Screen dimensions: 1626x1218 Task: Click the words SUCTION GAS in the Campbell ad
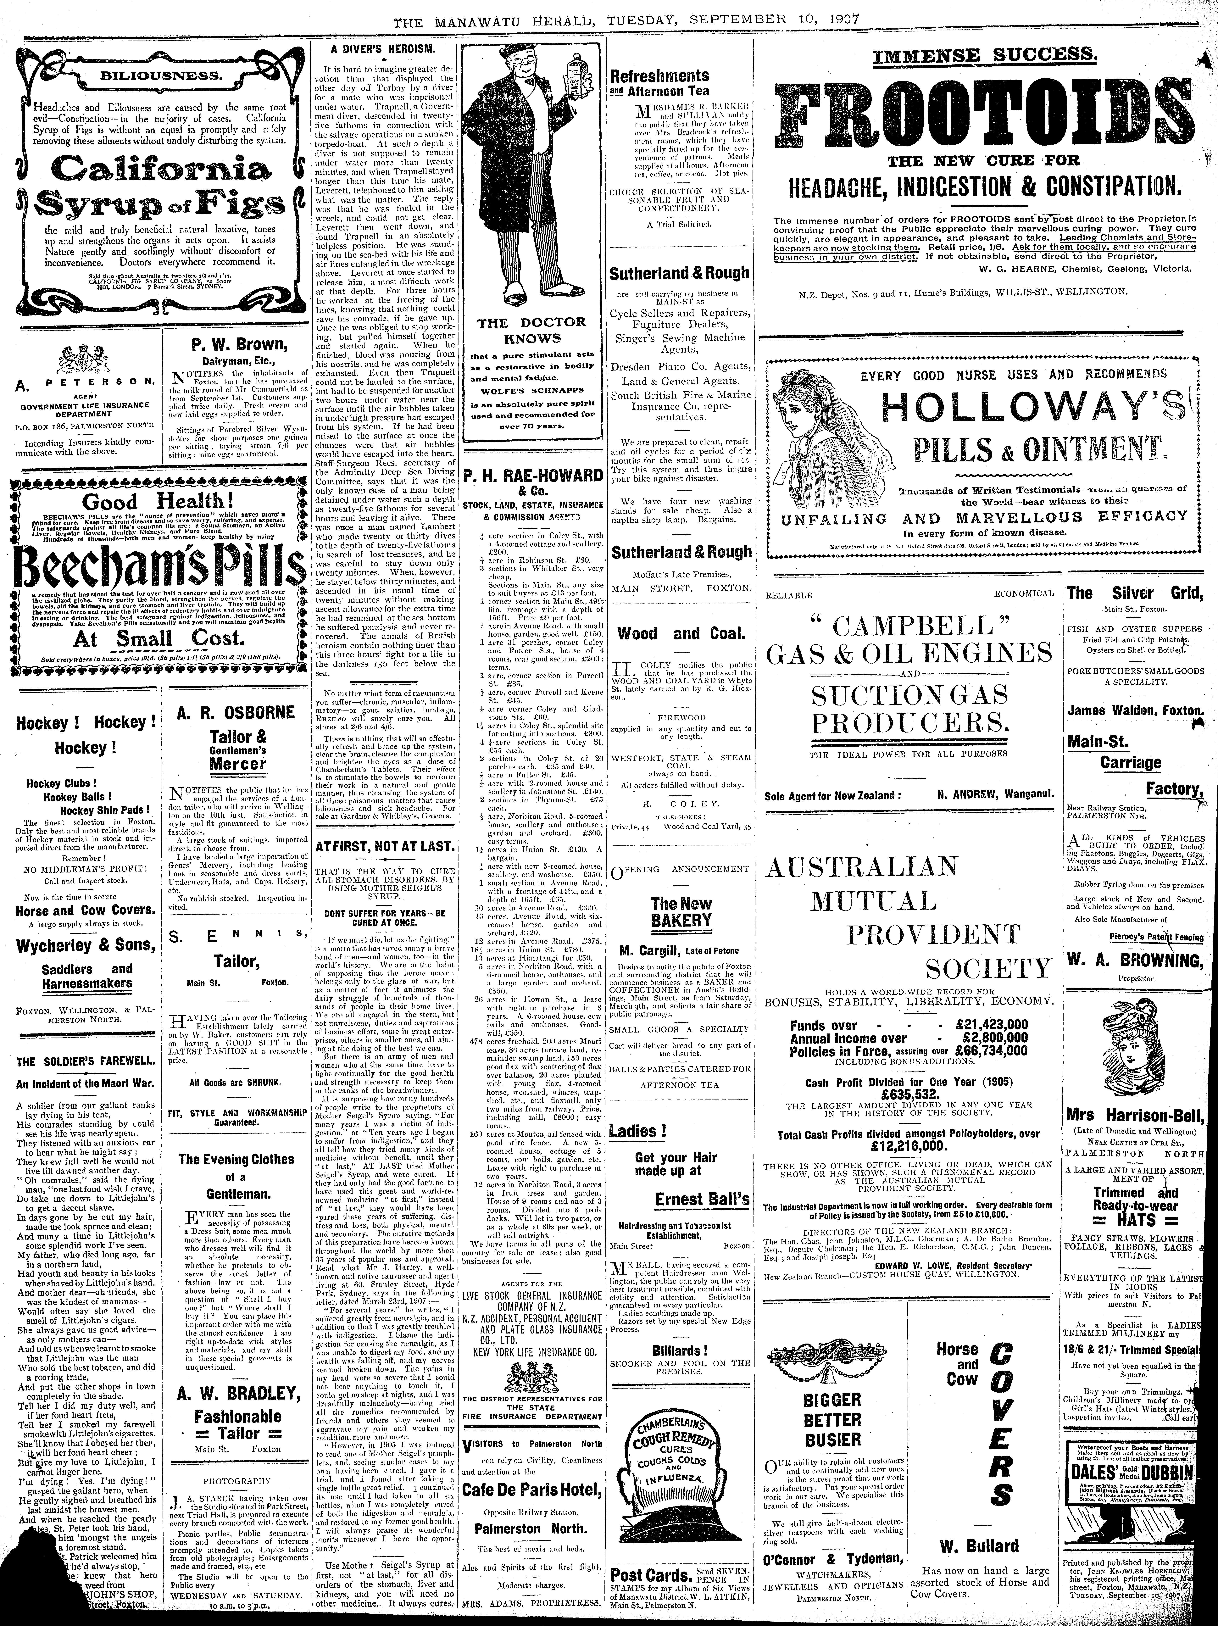pyautogui.click(x=909, y=695)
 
